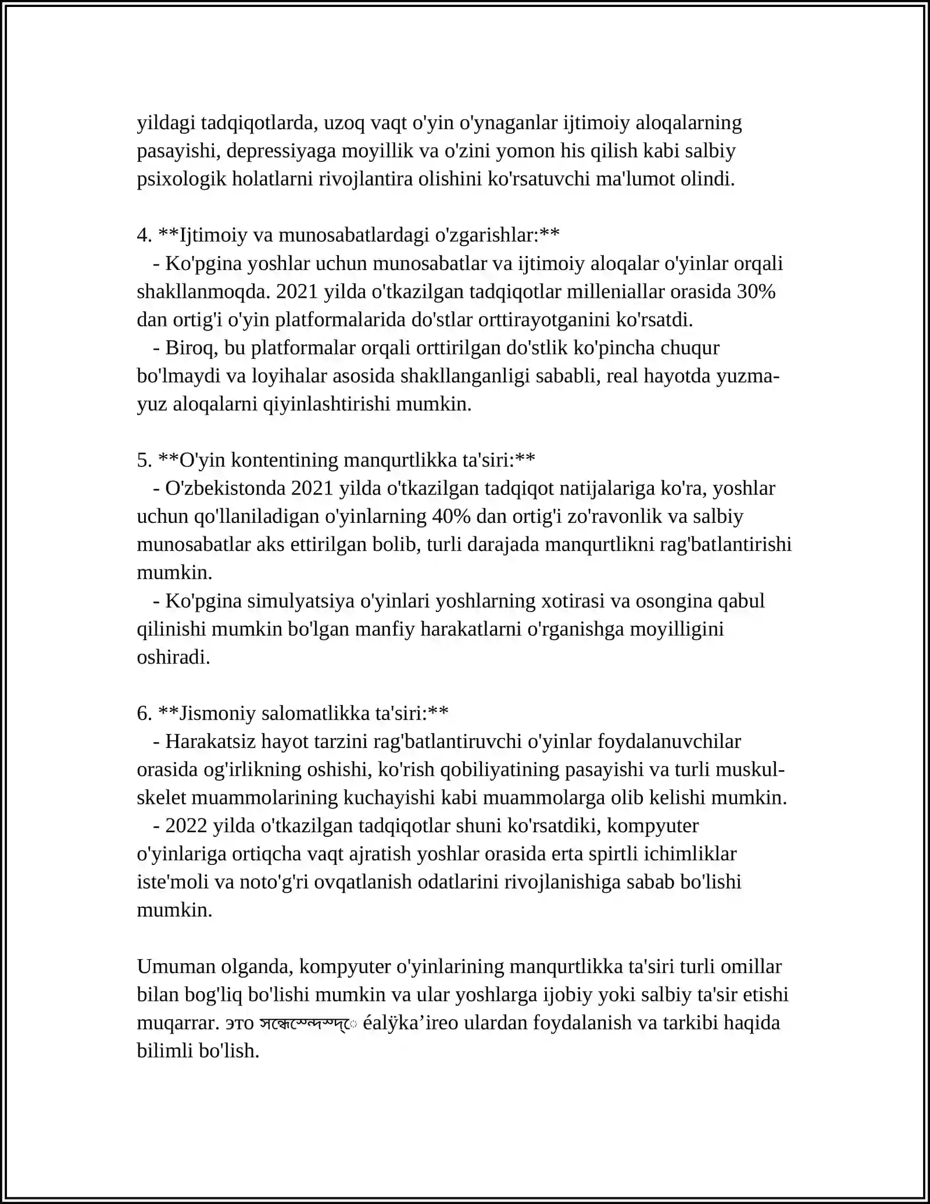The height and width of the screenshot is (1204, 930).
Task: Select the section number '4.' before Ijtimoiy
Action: click(144, 236)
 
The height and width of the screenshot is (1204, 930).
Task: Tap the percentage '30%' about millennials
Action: click(756, 291)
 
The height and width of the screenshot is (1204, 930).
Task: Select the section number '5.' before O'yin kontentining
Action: click(144, 460)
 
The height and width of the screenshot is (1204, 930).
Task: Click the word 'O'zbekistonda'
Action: click(225, 488)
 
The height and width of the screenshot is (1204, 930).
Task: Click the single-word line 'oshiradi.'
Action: click(173, 657)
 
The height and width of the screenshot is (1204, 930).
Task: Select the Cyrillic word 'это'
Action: click(239, 1023)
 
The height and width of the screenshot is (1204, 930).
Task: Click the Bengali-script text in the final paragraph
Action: click(308, 1024)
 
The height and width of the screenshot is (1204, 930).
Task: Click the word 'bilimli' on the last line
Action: click(165, 1051)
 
